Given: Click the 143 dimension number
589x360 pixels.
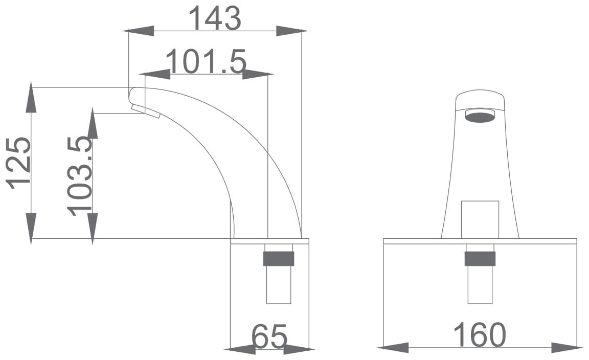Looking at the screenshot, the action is pos(215,18).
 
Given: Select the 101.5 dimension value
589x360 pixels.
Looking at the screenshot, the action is pos(206,61).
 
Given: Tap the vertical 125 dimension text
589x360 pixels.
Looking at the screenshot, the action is pos(18,163).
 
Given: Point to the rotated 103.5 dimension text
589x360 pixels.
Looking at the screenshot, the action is pos(80,176).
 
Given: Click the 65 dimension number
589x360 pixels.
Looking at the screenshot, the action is pos(269,336).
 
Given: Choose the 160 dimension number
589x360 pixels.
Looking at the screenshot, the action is pos(480,335).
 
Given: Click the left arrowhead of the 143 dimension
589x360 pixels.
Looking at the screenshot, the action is pos(139,31).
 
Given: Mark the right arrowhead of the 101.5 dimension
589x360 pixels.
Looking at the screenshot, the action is pos(258,75).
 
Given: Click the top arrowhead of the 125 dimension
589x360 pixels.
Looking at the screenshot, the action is pos(31,97).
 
